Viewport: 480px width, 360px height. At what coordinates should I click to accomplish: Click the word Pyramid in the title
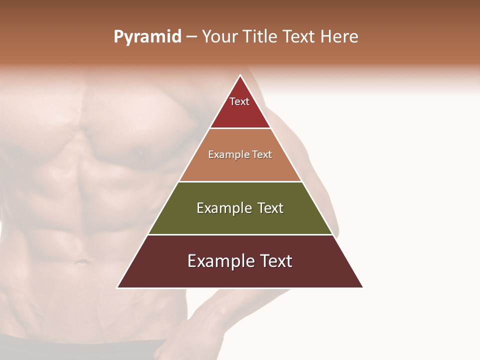click(147, 37)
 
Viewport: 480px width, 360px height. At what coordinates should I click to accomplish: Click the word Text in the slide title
click(299, 37)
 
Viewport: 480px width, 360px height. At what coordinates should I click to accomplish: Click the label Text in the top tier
click(239, 101)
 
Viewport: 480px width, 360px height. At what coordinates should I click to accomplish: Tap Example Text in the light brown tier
click(240, 154)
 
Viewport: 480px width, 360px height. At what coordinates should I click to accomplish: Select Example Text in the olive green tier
click(240, 208)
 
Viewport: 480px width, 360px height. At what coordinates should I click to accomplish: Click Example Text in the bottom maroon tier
click(240, 261)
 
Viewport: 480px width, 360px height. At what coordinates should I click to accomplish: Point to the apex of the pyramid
click(240, 76)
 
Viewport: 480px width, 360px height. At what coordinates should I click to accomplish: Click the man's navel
click(80, 261)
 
